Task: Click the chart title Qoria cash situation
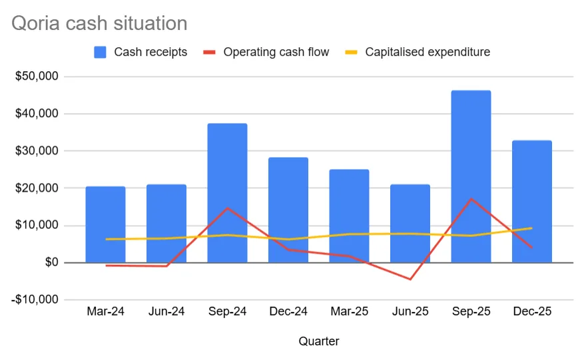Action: pyautogui.click(x=99, y=24)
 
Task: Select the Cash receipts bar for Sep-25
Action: pyautogui.click(x=471, y=176)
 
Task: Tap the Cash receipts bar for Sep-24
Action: pyautogui.click(x=227, y=193)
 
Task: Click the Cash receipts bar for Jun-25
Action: pyautogui.click(x=410, y=223)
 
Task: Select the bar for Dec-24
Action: pyautogui.click(x=288, y=210)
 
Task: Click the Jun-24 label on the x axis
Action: pyautogui.click(x=166, y=311)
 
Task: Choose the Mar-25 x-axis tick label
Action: pyautogui.click(x=349, y=311)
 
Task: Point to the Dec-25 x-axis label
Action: pyautogui.click(x=532, y=311)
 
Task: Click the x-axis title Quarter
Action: pyautogui.click(x=318, y=341)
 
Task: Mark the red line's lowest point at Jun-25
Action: pyautogui.click(x=410, y=279)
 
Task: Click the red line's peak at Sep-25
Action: pyautogui.click(x=471, y=198)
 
